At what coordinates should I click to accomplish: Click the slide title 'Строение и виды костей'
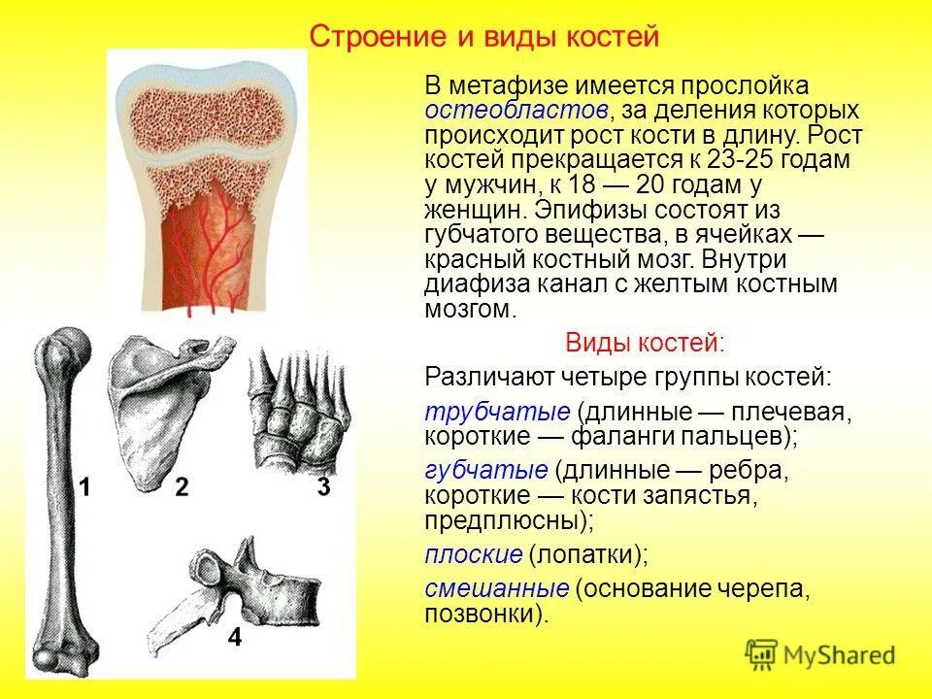(483, 37)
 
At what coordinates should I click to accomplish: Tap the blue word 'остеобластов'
(516, 110)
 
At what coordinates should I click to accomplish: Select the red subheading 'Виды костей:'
(644, 343)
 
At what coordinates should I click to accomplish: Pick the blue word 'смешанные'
(496, 589)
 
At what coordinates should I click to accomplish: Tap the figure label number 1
(84, 487)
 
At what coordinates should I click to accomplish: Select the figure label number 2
(182, 487)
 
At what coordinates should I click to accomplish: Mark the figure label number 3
(323, 486)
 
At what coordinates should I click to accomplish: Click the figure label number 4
(234, 638)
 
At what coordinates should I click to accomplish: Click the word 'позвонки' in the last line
(480, 615)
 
